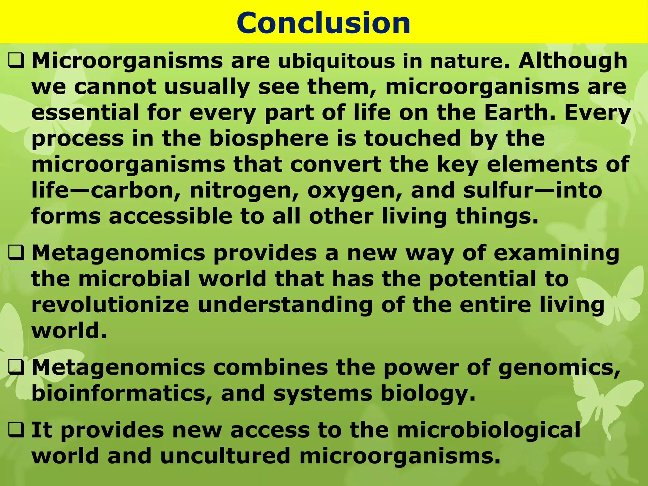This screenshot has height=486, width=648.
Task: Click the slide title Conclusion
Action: click(x=323, y=23)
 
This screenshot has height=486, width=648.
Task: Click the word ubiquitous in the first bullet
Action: click(x=337, y=61)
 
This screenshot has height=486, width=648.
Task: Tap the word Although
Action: click(x=573, y=61)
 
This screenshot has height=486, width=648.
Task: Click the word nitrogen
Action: click(x=244, y=191)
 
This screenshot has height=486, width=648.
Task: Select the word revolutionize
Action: click(x=110, y=305)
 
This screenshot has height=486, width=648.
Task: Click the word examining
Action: click(x=557, y=253)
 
